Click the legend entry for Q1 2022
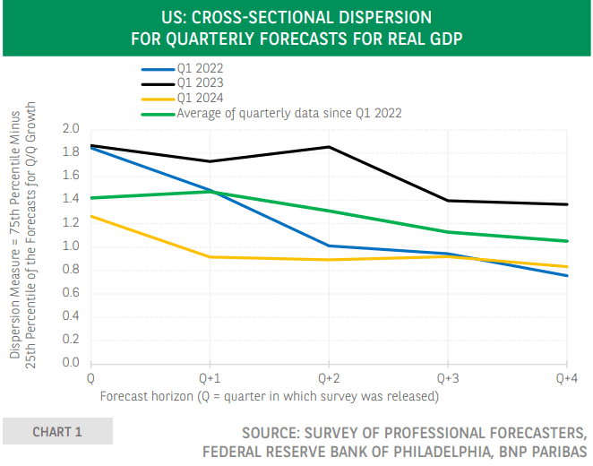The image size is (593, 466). (199, 68)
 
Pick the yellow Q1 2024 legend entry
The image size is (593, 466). (199, 98)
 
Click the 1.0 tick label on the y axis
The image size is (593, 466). (71, 246)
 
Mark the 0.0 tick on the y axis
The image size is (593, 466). (71, 363)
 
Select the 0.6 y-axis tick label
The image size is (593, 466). (71, 293)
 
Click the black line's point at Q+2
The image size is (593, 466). (329, 147)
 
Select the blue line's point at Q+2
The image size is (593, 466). (329, 246)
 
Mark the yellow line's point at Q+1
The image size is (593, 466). (210, 257)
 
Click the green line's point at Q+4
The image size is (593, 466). (567, 241)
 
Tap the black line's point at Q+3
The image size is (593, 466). (448, 201)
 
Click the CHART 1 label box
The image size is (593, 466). (57, 432)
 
